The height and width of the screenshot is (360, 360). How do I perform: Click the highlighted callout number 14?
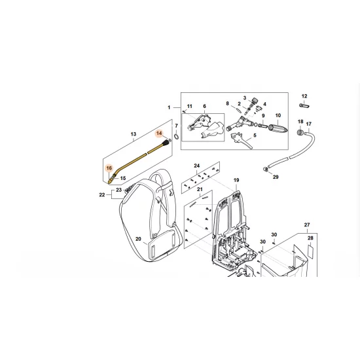pyautogui.click(x=159, y=133)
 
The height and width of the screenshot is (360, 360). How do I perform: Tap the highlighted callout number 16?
pyautogui.click(x=110, y=168)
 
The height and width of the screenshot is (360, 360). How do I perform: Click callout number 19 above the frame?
pyautogui.click(x=236, y=180)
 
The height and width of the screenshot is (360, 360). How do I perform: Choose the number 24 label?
pyautogui.click(x=196, y=166)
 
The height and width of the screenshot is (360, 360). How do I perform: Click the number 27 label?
pyautogui.click(x=306, y=225)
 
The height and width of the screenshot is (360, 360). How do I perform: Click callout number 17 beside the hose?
pyautogui.click(x=309, y=124)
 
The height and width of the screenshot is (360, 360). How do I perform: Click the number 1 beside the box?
pyautogui.click(x=168, y=107)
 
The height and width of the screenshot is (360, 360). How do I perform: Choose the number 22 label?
pyautogui.click(x=102, y=194)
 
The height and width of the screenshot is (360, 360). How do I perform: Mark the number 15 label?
pyautogui.click(x=122, y=177)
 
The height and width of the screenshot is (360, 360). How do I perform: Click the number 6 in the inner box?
pyautogui.click(x=204, y=107)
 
